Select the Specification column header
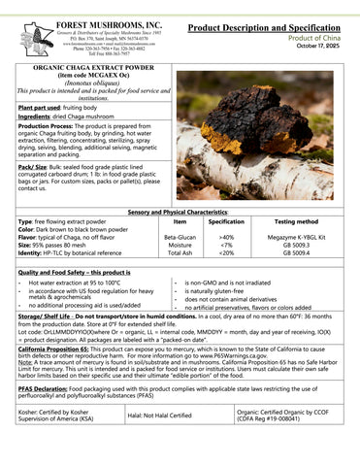(227, 222)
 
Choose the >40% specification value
(227, 236)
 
